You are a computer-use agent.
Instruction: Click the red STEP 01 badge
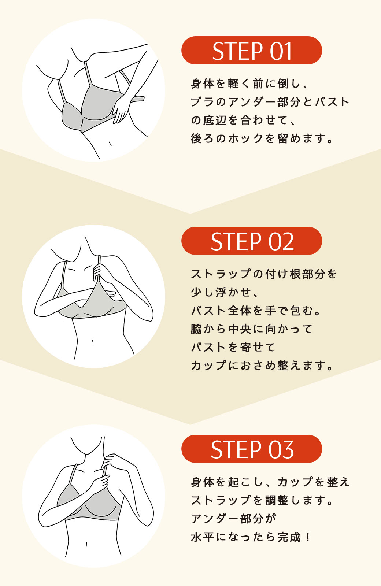[x=251, y=50]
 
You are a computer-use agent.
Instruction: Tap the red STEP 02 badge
[x=251, y=241]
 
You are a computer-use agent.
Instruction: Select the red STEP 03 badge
[x=251, y=449]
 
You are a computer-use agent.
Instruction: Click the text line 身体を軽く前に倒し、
[x=250, y=84]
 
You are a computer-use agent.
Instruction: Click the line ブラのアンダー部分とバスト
[x=270, y=102]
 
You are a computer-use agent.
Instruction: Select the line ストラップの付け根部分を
[x=264, y=274]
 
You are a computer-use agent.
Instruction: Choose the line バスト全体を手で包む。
[x=256, y=311]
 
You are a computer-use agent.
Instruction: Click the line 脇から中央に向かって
[x=252, y=329]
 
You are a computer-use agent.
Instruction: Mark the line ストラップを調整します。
[x=262, y=500]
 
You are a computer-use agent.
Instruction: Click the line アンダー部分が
[x=233, y=519]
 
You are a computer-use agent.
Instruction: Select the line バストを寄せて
[x=233, y=347]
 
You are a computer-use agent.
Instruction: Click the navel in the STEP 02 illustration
[x=93, y=341]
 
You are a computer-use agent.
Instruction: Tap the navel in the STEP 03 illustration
[x=86, y=545]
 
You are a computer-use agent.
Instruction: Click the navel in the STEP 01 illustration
[x=110, y=144]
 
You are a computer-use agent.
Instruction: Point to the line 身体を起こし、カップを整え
[x=270, y=482]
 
